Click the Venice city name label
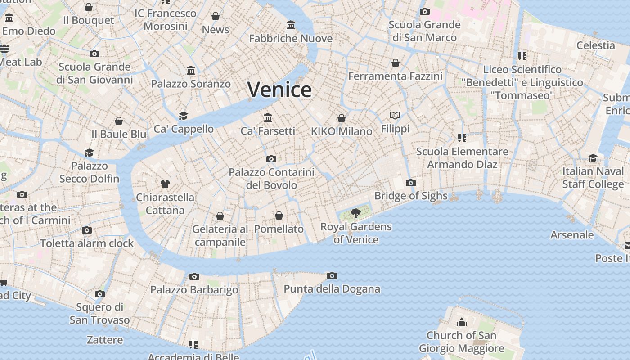279,90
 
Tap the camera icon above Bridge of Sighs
410,183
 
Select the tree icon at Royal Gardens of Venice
356,213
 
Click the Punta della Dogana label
332,289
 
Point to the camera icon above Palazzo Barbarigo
194,276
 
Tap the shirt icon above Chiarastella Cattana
165,184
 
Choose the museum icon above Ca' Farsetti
268,117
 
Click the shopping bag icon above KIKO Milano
342,118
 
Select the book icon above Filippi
395,116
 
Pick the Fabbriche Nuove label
291,39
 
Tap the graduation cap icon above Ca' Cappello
183,116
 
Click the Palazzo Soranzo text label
191,84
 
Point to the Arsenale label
572,235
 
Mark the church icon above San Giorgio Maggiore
461,322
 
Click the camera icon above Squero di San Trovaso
100,294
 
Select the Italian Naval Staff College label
593,178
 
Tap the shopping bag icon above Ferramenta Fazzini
396,63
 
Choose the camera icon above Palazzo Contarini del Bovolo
271,159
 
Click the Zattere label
105,340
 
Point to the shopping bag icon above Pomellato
279,216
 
